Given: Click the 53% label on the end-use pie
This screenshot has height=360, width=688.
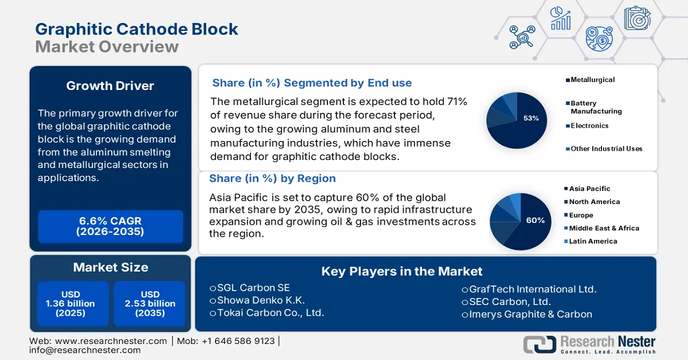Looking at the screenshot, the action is [x=531, y=118].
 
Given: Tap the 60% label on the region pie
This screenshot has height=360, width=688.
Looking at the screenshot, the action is [x=535, y=220].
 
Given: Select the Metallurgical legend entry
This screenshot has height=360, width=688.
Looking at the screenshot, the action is [x=590, y=80].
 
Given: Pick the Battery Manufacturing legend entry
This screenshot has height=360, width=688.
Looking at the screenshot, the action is [x=594, y=107].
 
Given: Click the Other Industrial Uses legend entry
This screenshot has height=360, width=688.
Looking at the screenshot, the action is [x=604, y=148].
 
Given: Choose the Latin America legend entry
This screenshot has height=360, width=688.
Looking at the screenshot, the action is [x=591, y=241].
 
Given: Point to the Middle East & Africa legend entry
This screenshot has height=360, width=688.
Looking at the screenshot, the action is [x=601, y=228].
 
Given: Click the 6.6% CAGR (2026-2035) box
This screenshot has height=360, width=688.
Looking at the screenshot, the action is [x=111, y=226].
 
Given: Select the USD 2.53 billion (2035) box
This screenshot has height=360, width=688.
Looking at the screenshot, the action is [x=150, y=303].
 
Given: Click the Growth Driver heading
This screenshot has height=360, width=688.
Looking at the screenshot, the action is [x=110, y=86].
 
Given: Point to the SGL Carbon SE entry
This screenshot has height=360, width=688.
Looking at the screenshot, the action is [x=250, y=288].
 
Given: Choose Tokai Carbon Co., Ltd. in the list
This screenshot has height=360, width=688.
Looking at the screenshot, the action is [x=267, y=312].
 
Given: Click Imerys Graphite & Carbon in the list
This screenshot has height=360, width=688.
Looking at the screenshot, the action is [x=527, y=314].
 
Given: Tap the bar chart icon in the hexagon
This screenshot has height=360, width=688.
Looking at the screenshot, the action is [x=561, y=18].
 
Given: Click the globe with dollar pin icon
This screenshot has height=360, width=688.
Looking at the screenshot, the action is [x=599, y=39].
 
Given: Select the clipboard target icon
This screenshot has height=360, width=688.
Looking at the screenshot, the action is [x=638, y=18].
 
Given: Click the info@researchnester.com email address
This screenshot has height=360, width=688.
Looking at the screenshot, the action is [x=85, y=350].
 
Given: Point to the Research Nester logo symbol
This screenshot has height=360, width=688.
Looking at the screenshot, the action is [x=540, y=345].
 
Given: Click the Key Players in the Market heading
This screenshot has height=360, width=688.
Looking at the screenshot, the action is [x=402, y=272].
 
